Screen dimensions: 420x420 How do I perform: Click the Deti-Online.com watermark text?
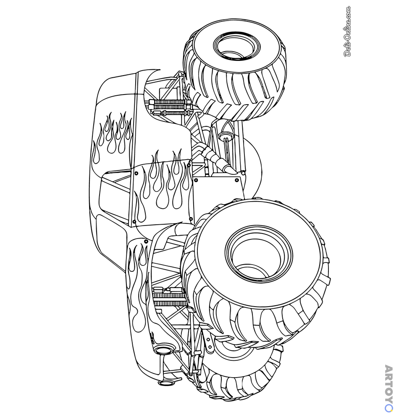(x=347, y=31)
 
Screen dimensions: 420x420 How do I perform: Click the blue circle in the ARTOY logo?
(x=389, y=408)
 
